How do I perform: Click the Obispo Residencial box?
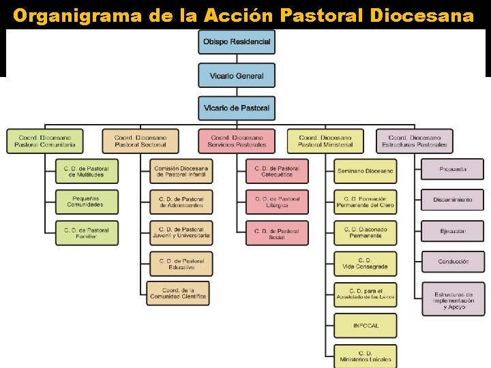click(x=237, y=42)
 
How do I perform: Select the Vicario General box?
click(x=237, y=75)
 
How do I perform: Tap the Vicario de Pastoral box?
click(x=237, y=108)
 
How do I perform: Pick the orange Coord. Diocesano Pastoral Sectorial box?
click(x=140, y=140)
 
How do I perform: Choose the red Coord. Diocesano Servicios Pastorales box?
click(x=237, y=140)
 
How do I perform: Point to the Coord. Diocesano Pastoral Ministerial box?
click(x=325, y=140)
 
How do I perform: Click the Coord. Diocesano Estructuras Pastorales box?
click(x=414, y=140)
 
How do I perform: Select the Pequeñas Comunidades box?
click(x=86, y=202)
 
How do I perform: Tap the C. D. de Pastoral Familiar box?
click(x=86, y=232)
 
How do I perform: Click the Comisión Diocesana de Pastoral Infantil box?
click(x=181, y=171)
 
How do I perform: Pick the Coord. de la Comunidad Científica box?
click(x=178, y=293)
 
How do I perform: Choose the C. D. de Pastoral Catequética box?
click(x=277, y=171)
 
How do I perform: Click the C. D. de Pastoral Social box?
click(x=277, y=232)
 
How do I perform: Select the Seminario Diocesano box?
click(x=365, y=171)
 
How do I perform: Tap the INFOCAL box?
click(x=365, y=325)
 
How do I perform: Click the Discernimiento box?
click(x=453, y=200)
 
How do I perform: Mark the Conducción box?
click(x=453, y=262)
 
